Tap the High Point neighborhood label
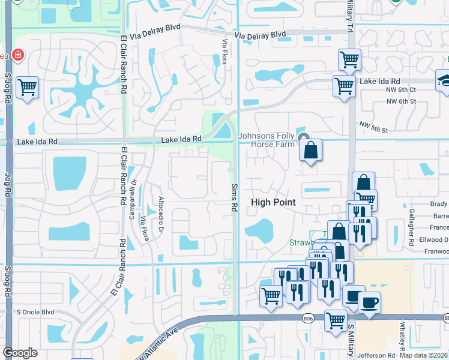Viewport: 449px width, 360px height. tap(273, 202)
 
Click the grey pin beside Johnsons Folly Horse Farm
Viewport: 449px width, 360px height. tap(304, 137)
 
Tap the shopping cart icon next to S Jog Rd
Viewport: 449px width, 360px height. tap(28, 88)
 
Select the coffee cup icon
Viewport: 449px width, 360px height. tap(369, 302)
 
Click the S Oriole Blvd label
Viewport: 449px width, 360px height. tap(35, 312)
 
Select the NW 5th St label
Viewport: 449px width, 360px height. tap(374, 127)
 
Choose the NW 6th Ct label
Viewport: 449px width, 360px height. tap(401, 89)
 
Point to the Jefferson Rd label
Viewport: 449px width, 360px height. tap(376, 355)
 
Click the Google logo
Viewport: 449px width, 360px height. tap(20, 353)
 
